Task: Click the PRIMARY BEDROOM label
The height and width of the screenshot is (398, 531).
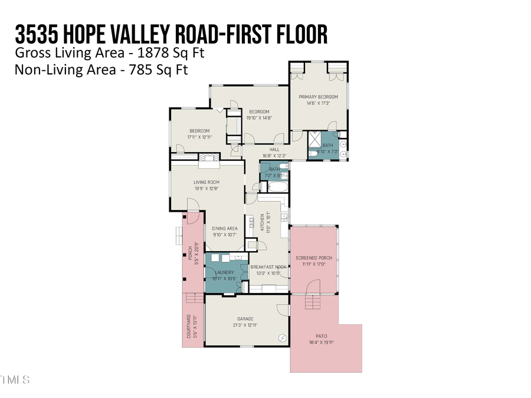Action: [318, 97]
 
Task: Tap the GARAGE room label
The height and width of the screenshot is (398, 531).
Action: [245, 319]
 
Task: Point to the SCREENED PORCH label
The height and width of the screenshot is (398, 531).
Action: [313, 258]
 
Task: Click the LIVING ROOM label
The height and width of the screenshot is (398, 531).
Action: [206, 182]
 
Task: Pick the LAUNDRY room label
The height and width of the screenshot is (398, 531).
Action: [224, 272]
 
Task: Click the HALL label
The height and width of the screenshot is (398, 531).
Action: [274, 150]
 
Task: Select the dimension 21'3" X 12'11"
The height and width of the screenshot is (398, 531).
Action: [245, 325]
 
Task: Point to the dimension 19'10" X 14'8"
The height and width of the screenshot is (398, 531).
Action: [258, 118]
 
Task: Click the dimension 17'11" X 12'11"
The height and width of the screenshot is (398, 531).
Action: [199, 137]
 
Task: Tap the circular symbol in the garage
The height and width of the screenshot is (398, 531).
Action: [282, 337]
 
